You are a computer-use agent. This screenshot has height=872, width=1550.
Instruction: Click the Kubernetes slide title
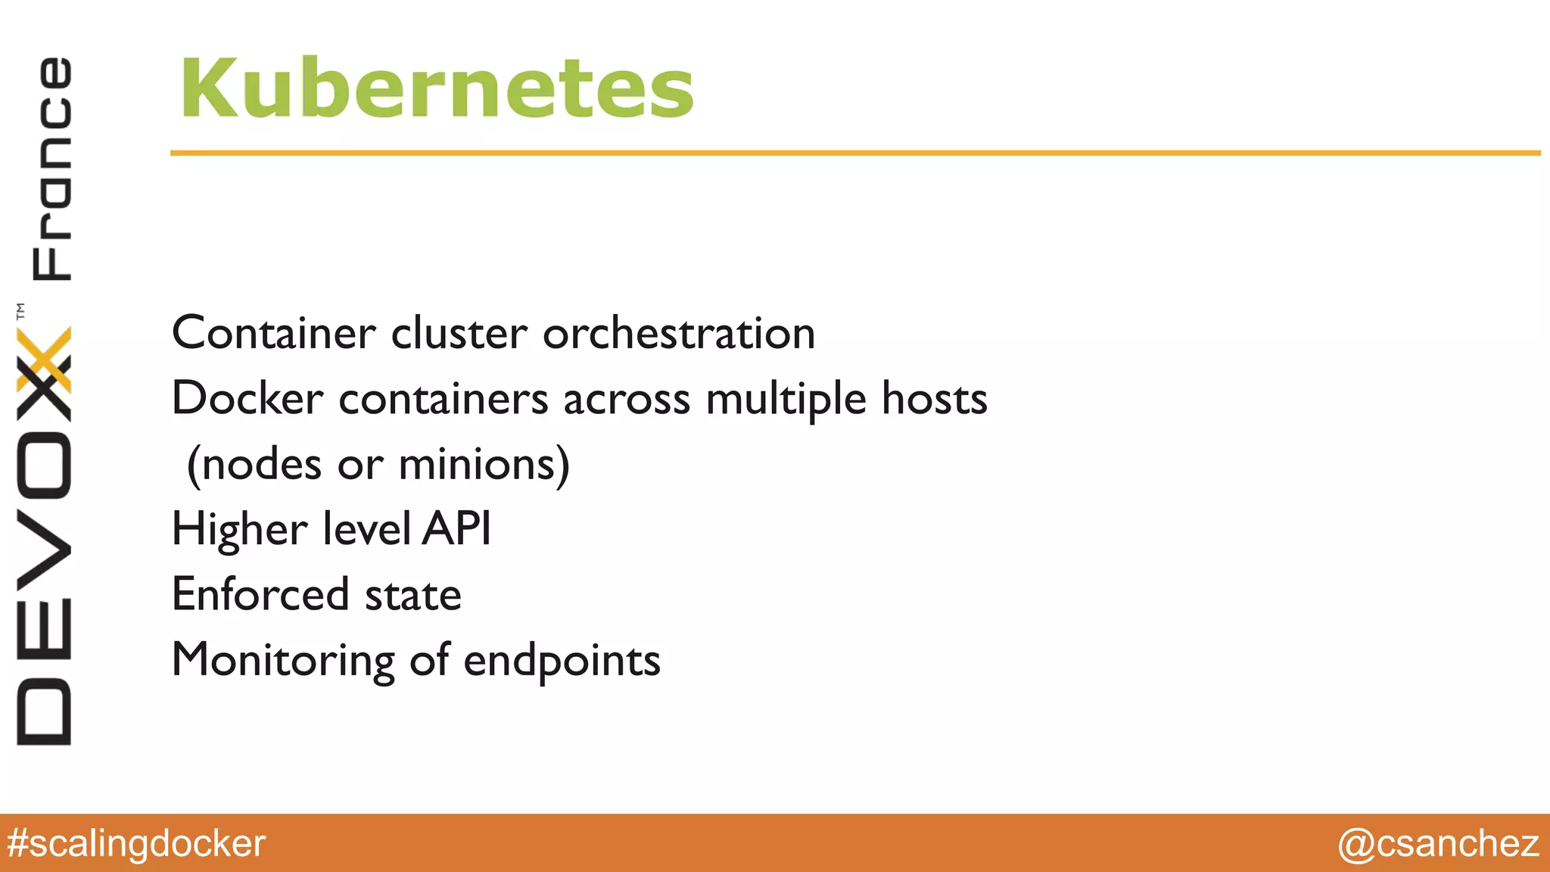click(437, 89)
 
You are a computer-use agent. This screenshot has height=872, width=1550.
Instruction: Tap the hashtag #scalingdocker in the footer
click(136, 843)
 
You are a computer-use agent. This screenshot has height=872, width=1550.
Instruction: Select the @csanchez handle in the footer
click(1438, 843)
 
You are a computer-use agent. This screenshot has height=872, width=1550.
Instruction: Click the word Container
click(273, 333)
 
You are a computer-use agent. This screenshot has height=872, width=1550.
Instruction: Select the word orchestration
click(679, 333)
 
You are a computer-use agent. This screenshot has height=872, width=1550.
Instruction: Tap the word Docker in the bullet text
click(247, 398)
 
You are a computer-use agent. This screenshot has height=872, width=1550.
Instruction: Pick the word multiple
click(786, 400)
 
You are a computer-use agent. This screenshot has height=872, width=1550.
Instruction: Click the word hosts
click(935, 398)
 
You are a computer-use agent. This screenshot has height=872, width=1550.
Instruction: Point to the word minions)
click(484, 464)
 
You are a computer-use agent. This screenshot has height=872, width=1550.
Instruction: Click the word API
click(456, 528)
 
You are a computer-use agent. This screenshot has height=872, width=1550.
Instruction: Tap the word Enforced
click(260, 594)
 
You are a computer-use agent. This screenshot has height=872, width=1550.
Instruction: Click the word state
click(413, 595)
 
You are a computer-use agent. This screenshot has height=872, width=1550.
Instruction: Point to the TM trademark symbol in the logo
click(20, 310)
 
